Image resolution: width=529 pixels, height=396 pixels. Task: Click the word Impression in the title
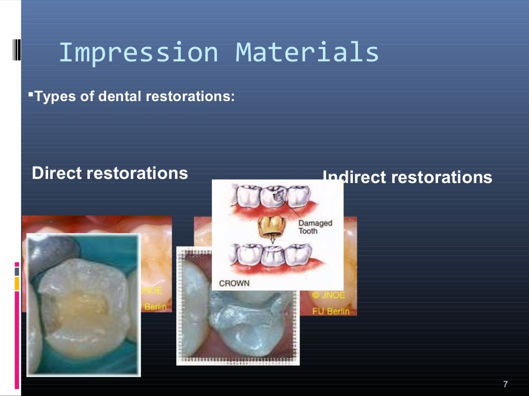tap(138, 53)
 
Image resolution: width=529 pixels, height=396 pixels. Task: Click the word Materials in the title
tap(307, 53)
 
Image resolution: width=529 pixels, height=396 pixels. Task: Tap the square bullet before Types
tap(30, 94)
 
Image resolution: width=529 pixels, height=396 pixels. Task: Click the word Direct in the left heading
tap(57, 173)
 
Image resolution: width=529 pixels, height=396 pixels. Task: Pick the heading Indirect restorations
tap(407, 177)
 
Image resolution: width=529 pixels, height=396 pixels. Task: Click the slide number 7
tap(505, 384)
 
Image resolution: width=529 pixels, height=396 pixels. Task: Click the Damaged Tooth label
tap(315, 227)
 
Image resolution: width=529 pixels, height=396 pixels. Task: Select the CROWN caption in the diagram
tap(234, 283)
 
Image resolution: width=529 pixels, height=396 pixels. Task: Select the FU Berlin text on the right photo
tap(331, 311)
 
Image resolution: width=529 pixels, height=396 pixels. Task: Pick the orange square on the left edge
tap(17, 283)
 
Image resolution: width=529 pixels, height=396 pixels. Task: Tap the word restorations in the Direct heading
tap(137, 173)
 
